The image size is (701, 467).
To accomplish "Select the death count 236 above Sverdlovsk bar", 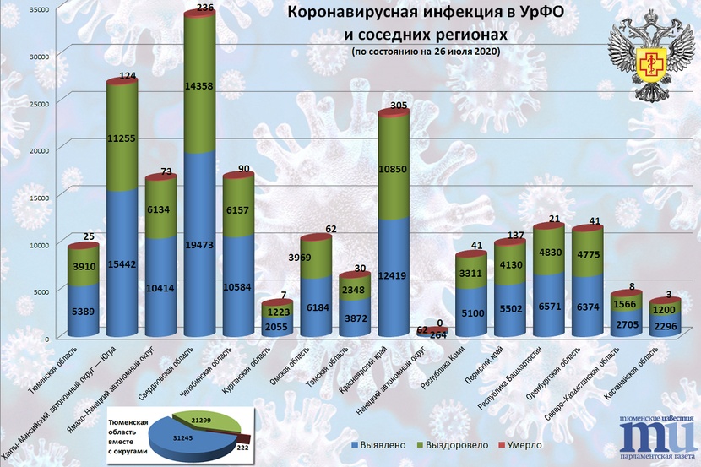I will (x=204, y=8).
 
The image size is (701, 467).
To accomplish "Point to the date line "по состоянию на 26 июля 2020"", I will (x=427, y=52).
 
